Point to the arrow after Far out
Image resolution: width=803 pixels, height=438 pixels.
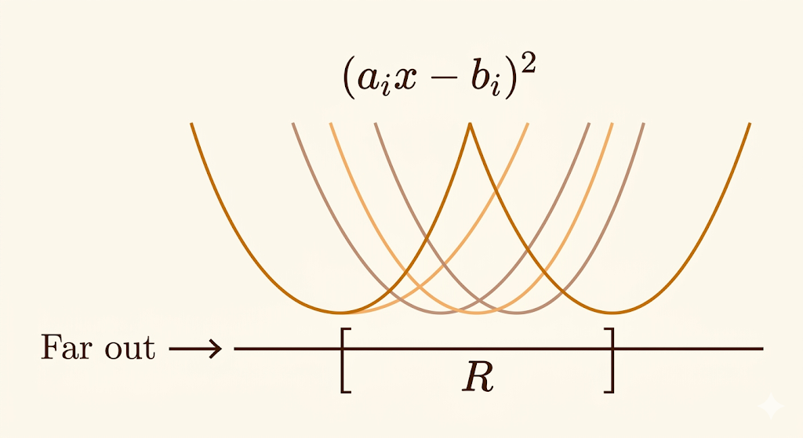(x=196, y=349)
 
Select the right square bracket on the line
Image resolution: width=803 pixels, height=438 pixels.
(x=609, y=360)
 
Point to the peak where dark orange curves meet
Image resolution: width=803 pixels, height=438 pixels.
(x=470, y=125)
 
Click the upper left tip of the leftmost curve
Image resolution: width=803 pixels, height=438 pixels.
(x=191, y=124)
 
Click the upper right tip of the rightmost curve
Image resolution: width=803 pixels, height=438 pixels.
(x=750, y=124)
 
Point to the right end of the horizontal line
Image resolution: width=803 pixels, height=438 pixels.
(x=762, y=349)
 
